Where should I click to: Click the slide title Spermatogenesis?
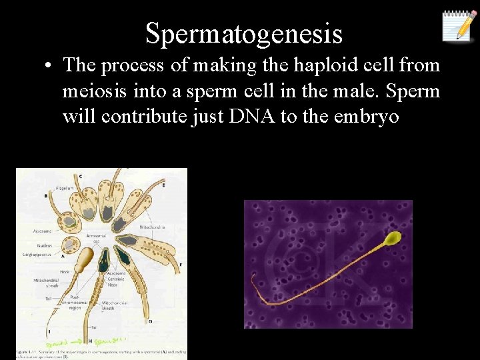243,33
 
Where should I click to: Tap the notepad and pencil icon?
459,26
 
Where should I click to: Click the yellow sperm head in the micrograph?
393,237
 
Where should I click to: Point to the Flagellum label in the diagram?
65,179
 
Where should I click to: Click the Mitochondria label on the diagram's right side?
152,227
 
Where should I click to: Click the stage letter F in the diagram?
180,265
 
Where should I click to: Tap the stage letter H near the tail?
90,341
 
